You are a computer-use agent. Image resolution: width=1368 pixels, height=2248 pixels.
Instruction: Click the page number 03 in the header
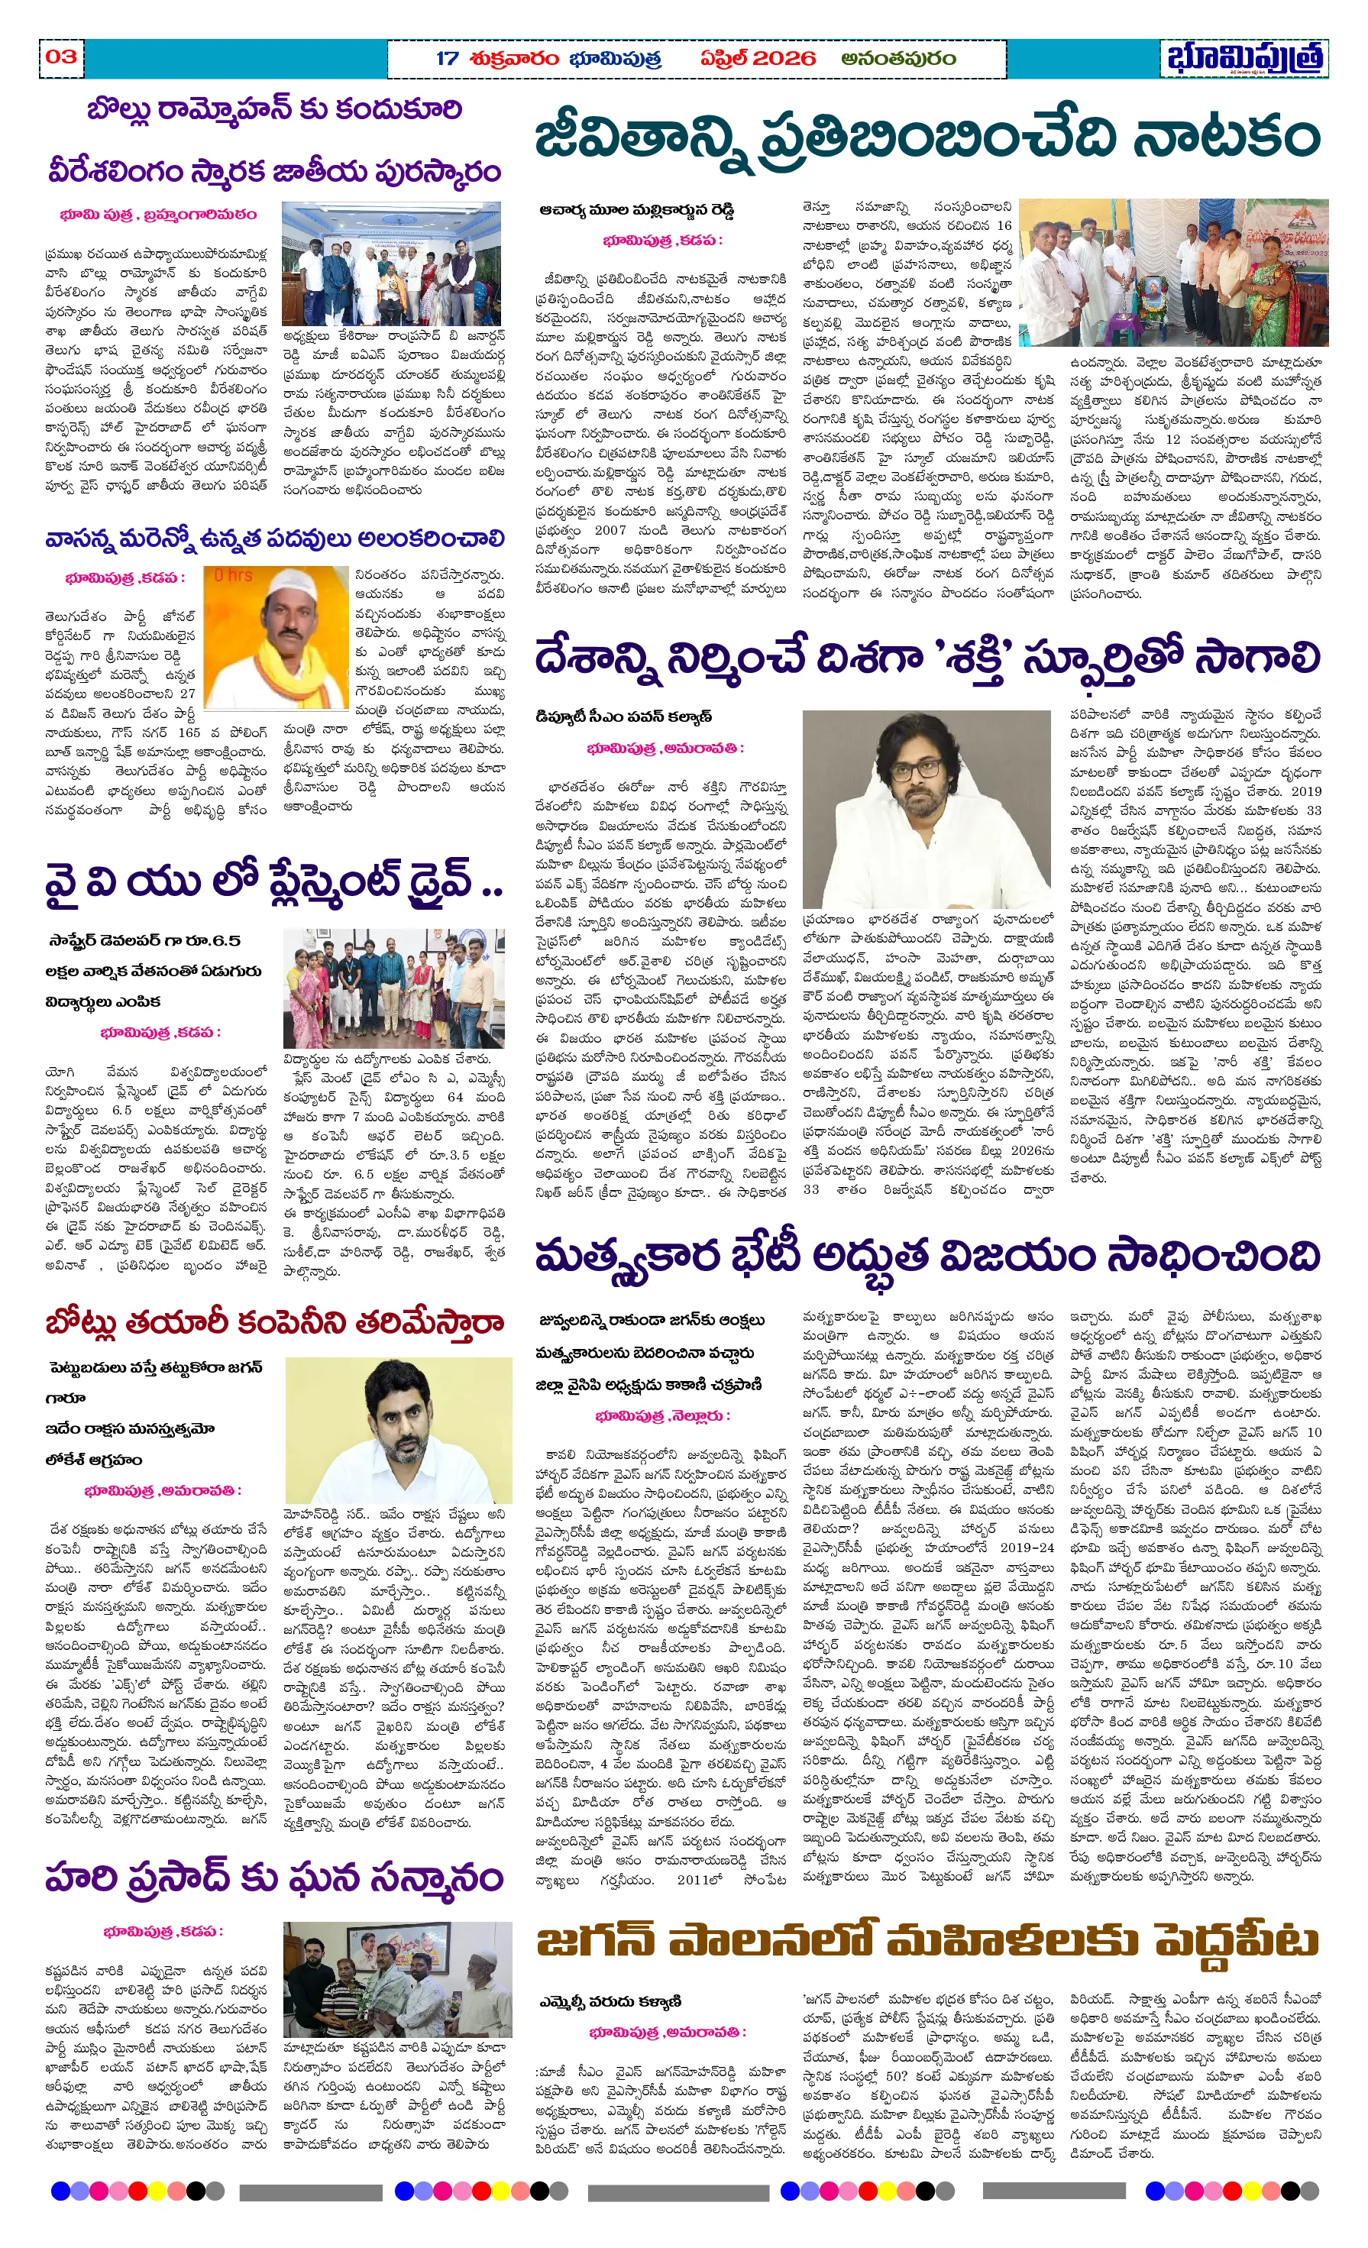[x=61, y=57]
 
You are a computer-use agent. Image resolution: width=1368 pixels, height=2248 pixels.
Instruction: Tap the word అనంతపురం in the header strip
[x=898, y=58]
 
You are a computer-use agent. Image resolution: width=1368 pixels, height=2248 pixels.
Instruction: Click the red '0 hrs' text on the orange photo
[x=233, y=576]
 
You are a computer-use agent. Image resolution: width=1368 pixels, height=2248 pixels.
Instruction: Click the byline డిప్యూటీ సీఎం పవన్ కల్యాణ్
[x=623, y=716]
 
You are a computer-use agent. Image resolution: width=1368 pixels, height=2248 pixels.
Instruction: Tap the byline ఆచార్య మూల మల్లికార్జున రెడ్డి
[x=636, y=210]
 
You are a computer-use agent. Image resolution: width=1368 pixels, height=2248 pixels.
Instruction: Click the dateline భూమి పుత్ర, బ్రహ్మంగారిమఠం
[x=158, y=215]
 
